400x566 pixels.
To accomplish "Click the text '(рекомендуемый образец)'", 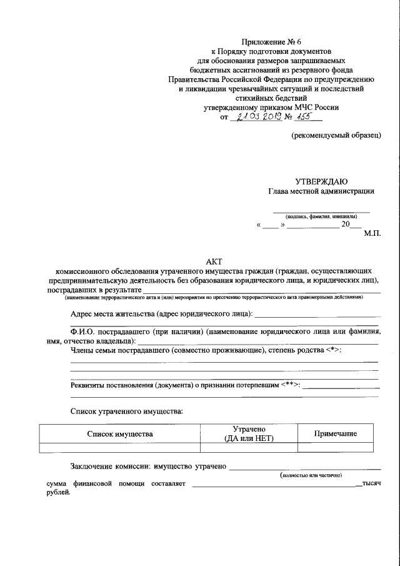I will point(336,135).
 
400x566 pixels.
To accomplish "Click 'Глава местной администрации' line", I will point(321,192).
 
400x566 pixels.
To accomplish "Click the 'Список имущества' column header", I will point(119,433).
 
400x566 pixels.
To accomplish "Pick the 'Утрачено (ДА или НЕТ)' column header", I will point(249,433).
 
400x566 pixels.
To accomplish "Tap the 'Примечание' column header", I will point(336,433).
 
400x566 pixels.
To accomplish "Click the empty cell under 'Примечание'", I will point(336,447).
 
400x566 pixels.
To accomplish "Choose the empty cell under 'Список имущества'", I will point(119,447).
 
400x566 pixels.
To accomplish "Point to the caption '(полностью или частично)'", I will point(312,476).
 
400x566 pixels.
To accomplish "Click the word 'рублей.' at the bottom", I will point(59,492).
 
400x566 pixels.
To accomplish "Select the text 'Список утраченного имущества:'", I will point(127,412).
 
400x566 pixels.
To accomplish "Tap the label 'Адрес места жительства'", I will point(112,313).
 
